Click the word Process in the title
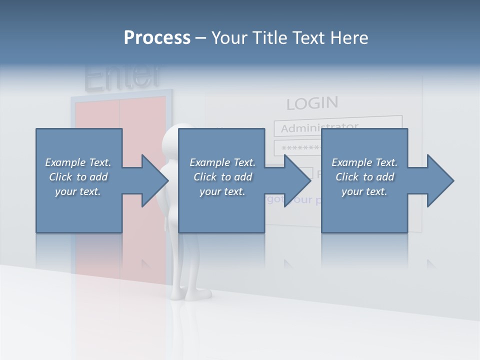(157, 38)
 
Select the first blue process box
(79, 210)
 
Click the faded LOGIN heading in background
(312, 103)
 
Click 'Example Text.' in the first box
(78, 162)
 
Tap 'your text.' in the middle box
(222, 191)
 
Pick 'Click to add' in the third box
(364, 177)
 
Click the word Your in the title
(229, 38)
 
